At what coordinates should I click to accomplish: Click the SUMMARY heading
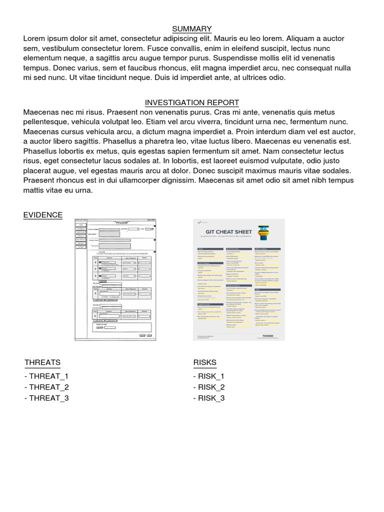pos(192,29)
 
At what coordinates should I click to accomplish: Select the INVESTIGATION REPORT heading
pos(192,102)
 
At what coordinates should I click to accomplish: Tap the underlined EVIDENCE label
pos(43,215)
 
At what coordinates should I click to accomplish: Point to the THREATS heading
pos(42,362)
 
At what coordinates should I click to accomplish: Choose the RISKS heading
pos(205,362)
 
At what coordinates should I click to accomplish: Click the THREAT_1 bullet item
pos(46,376)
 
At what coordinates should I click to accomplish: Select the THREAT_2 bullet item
pos(46,387)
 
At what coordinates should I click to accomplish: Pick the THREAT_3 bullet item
pos(46,398)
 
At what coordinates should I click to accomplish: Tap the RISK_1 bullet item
pos(209,376)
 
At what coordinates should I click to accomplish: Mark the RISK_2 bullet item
pos(209,387)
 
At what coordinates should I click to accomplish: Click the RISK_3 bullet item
pos(209,398)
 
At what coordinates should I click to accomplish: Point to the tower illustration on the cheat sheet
pos(264,233)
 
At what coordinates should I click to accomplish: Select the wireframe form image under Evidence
pos(115,280)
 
